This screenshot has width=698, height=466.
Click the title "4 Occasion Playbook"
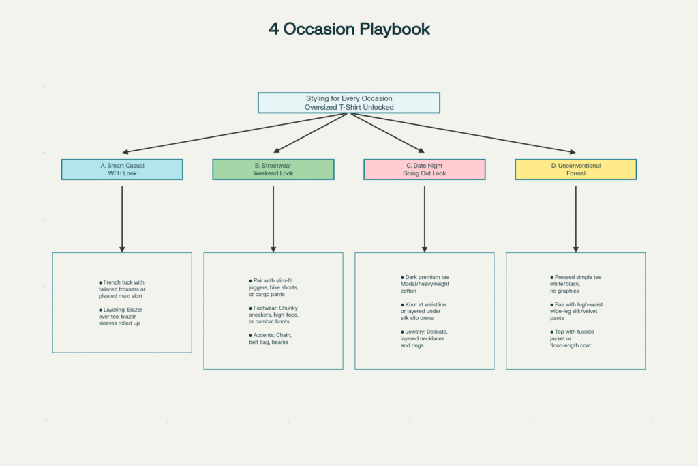pos(348,29)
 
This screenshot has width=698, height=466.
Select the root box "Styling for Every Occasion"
pos(348,102)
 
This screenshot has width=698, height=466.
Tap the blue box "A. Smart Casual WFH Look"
pos(122,169)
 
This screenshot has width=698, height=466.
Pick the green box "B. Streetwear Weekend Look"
pos(273,169)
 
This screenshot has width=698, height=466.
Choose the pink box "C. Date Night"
pos(425,169)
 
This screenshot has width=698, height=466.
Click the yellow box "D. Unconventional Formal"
pos(576,169)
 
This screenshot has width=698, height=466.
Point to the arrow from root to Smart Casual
pos(235,133)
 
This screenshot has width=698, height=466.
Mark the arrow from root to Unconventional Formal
pos(464,133)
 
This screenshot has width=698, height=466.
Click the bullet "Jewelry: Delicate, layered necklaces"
pos(425,338)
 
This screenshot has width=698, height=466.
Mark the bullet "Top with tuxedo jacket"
pos(575,338)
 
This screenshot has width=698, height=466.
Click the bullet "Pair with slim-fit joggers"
pos(274,287)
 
